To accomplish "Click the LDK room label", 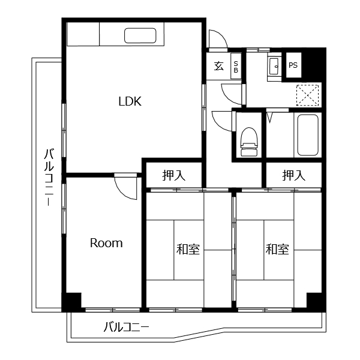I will (129, 101).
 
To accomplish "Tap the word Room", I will (106, 243).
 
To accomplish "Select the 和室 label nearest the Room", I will (188, 249).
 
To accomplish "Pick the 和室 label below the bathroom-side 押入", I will (277, 249).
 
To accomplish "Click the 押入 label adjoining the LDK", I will (173, 176).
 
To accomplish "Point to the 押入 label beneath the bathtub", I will (294, 176).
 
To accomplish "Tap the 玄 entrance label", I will (218, 67).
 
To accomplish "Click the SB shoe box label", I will (236, 67).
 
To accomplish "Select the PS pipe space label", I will (293, 65).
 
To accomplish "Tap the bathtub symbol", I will (307, 134).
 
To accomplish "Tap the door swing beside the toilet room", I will (220, 119).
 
